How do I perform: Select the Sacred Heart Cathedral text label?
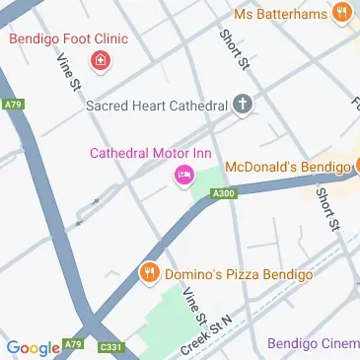click(x=157, y=104)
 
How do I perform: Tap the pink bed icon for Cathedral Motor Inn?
click(x=181, y=176)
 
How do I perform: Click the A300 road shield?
click(x=224, y=195)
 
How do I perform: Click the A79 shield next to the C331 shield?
click(x=74, y=344)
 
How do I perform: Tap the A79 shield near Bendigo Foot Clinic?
click(x=12, y=105)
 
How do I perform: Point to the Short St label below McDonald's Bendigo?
click(x=325, y=210)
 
